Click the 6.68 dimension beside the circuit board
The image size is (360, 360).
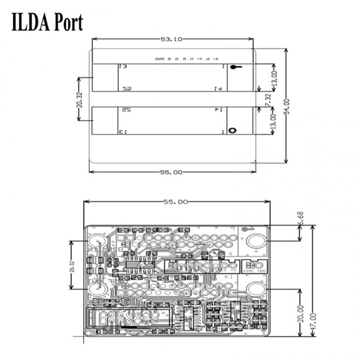pos(300,219)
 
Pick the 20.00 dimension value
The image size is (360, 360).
pos(300,312)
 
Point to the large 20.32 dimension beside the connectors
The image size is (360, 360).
pos(79,99)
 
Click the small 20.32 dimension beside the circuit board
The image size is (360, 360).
pos(71,268)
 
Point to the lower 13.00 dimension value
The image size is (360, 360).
pos(274,120)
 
